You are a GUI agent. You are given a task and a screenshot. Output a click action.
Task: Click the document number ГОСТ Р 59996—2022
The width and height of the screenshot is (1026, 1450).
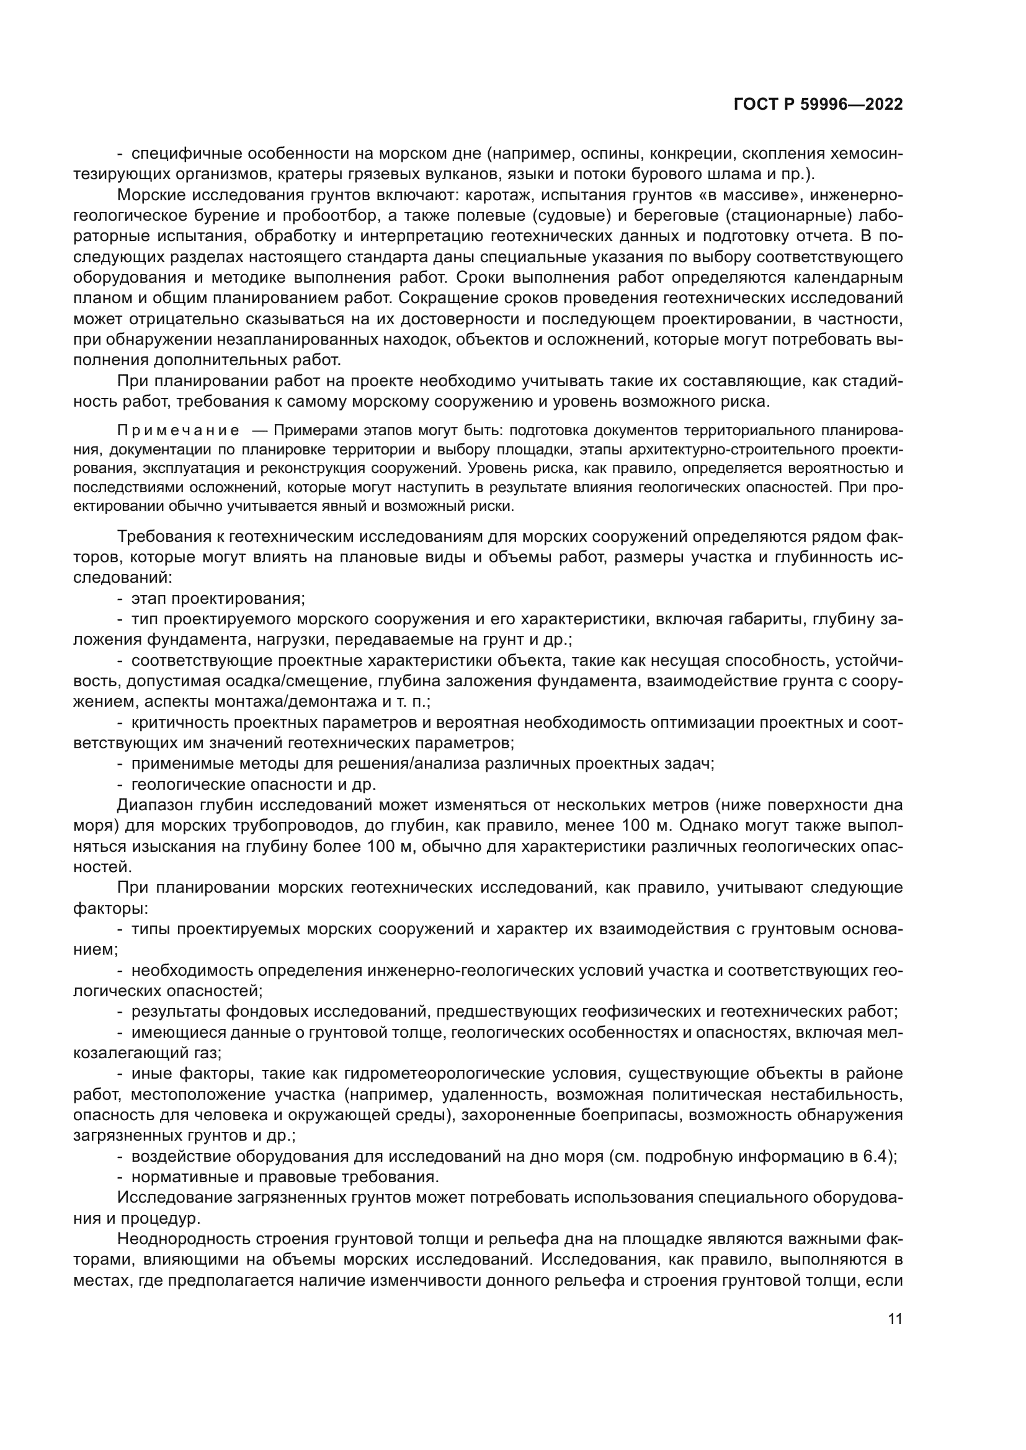click(x=818, y=105)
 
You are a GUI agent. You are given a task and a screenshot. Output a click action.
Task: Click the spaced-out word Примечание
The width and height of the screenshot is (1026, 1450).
click(x=178, y=431)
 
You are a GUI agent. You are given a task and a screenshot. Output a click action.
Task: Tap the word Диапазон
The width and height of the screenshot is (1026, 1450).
click(x=156, y=806)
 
